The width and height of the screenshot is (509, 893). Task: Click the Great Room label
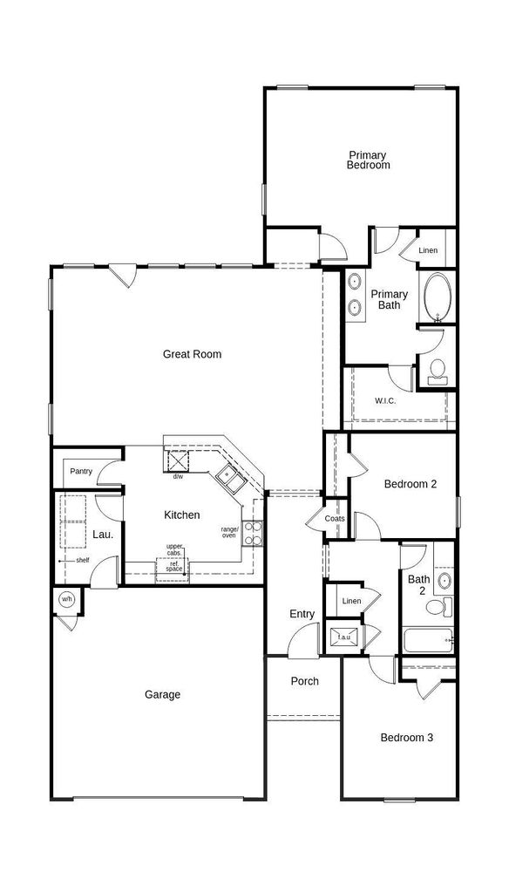tap(192, 354)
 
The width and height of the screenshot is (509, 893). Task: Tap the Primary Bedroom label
tap(368, 160)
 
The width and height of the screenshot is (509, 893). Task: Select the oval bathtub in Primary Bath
tap(438, 297)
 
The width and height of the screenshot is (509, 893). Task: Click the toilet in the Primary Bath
tap(438, 371)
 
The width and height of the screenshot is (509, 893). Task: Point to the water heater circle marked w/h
tap(67, 600)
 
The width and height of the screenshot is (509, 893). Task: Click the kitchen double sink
tap(231, 476)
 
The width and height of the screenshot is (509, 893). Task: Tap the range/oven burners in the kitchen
tap(252, 533)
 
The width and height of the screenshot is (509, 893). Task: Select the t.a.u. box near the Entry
tap(343, 636)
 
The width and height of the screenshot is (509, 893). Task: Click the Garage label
tap(162, 694)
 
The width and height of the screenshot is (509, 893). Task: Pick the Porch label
tap(304, 681)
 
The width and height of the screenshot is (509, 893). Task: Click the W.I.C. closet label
tap(385, 401)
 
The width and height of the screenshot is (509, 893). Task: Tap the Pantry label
tap(81, 472)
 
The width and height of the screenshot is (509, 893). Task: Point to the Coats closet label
tap(335, 519)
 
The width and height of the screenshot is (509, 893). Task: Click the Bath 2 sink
tap(445, 582)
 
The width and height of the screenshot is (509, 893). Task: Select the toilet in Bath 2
tap(439, 607)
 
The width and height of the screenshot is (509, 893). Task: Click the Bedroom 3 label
tap(407, 738)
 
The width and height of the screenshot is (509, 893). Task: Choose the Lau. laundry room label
tap(103, 535)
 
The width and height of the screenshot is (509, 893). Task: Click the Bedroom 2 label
tap(411, 484)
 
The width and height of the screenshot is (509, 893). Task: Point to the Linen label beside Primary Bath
tap(428, 250)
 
